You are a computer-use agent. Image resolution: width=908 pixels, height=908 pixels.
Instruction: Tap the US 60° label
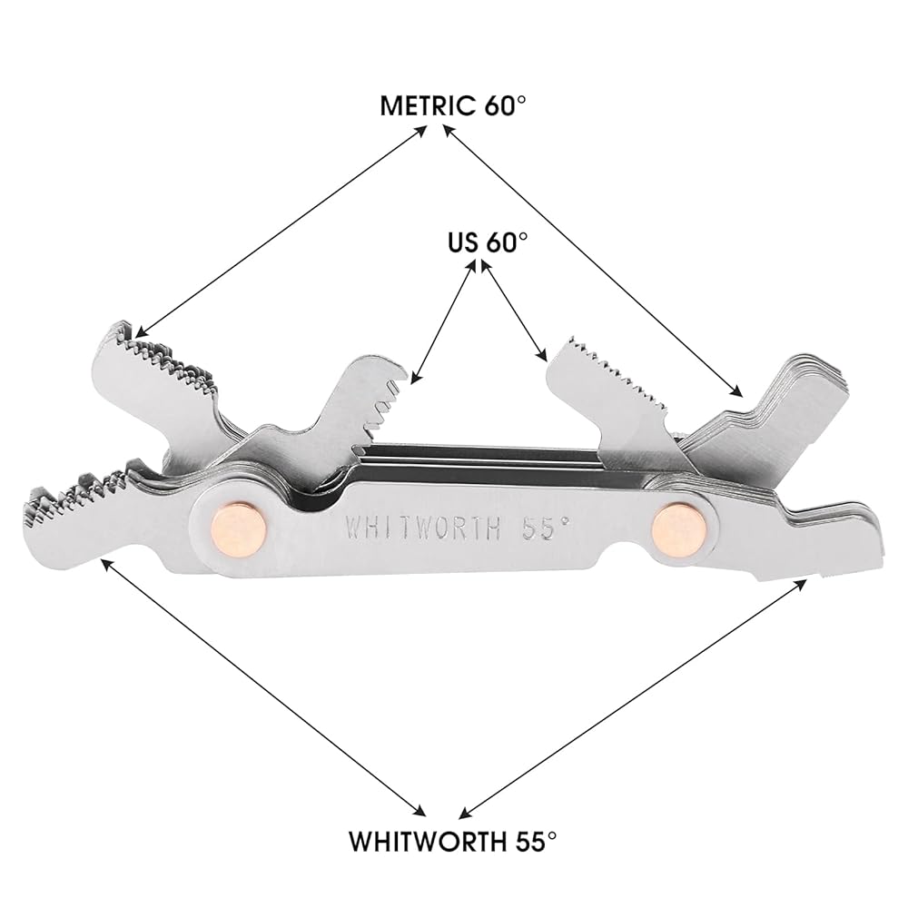click(x=487, y=242)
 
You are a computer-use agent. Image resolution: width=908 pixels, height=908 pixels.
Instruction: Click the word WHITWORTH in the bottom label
click(x=422, y=840)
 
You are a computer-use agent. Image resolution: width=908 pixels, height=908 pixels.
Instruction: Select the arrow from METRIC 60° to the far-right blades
click(x=595, y=259)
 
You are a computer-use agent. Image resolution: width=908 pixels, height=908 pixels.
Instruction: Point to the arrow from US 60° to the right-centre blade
click(x=512, y=309)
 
